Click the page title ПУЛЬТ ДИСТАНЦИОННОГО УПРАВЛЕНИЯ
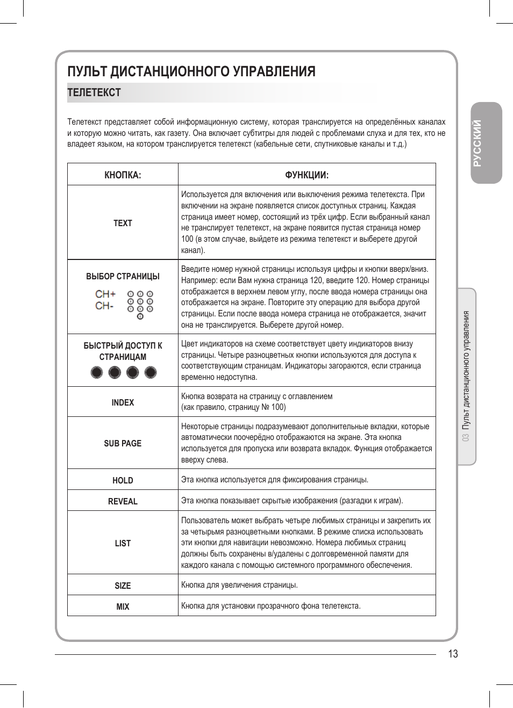coord(191,71)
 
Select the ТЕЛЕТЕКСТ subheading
coord(94,92)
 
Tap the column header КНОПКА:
coord(123,175)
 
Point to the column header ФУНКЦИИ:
coord(307,175)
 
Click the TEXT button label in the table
coord(123,223)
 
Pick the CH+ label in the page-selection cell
coord(105,294)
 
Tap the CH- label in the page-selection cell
coord(104,306)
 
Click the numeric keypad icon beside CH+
coord(140,304)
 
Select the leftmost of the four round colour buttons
coord(97,372)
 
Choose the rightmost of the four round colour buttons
coord(151,372)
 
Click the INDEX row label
coord(123,402)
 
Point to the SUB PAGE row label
coord(123,443)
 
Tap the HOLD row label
coord(123,480)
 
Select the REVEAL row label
coord(123,501)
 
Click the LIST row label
coord(123,543)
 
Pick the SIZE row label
coord(123,586)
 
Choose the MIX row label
coord(123,606)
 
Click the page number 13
coord(453,654)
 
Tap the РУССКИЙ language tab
coord(478,143)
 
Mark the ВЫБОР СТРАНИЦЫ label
coord(123,276)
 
